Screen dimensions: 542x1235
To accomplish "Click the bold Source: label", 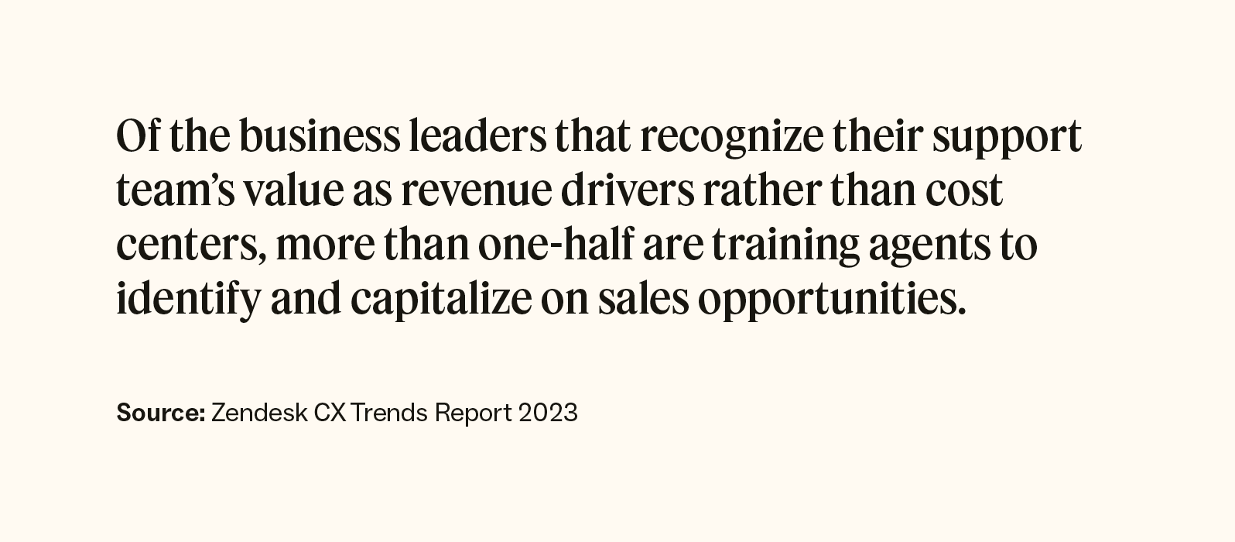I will pyautogui.click(x=160, y=413).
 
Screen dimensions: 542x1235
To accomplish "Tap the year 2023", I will pyautogui.click(x=548, y=413).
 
